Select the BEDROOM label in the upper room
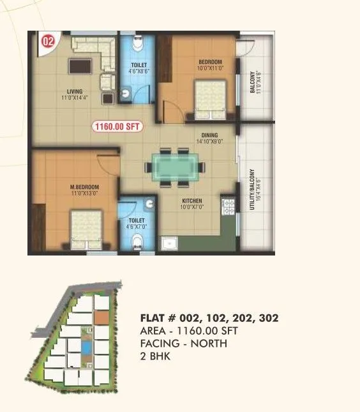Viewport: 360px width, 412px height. (209, 63)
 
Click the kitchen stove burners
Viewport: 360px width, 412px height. (227, 206)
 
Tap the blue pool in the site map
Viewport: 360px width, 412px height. (85, 347)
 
